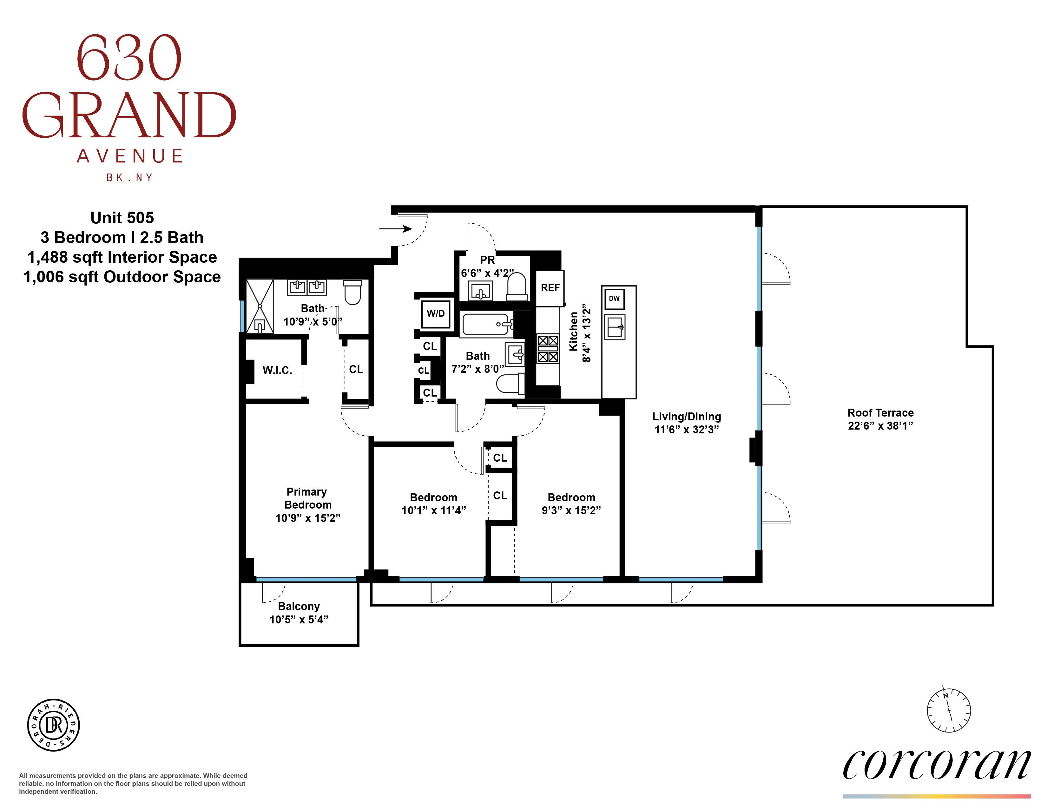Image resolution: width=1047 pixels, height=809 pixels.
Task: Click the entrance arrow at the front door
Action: click(x=396, y=229)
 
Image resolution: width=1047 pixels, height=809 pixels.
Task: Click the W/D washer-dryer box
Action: click(x=436, y=314)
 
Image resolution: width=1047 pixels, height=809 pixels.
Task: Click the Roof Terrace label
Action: click(x=880, y=413)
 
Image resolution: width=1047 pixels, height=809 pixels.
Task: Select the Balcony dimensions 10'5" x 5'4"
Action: click(x=299, y=620)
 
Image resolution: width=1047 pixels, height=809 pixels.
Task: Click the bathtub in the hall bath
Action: click(x=486, y=325)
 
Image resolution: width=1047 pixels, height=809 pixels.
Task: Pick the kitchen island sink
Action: click(x=615, y=327)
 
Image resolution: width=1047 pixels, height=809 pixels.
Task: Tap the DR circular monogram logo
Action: click(x=53, y=725)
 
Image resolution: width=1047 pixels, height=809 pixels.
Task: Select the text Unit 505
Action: click(x=122, y=218)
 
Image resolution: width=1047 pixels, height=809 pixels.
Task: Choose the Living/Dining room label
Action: click(x=687, y=417)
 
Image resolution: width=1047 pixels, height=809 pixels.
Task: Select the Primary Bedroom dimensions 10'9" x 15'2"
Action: click(x=308, y=518)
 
